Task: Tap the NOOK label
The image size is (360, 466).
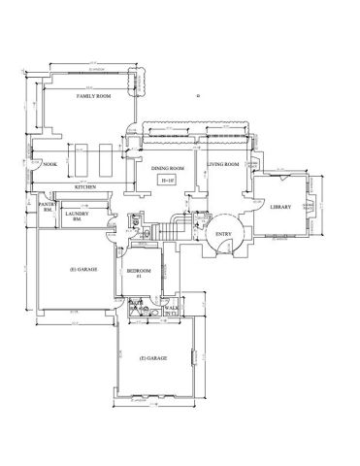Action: coord(50,165)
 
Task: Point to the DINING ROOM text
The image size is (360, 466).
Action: coord(168,169)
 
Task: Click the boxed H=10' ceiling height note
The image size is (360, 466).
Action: coord(168,181)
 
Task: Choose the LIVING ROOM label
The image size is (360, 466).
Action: coord(223,165)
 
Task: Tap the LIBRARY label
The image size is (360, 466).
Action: coord(281,206)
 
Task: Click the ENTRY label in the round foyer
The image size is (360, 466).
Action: coord(223,235)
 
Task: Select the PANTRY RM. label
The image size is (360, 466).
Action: coord(45,208)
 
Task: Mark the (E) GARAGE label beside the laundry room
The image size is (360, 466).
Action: coord(82,268)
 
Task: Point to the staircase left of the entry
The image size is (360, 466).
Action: coord(174,231)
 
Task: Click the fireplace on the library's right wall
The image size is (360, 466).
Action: coord(310,206)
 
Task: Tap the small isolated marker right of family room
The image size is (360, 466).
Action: coord(197,96)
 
